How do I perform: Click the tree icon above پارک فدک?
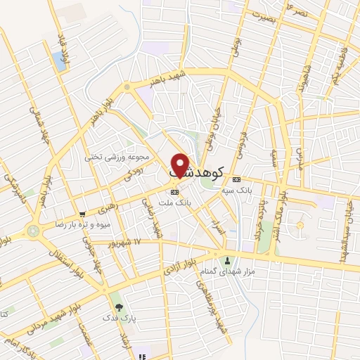click(118, 307)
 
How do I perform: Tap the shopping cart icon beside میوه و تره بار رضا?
click(83, 214)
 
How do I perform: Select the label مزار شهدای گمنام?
click(231, 271)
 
